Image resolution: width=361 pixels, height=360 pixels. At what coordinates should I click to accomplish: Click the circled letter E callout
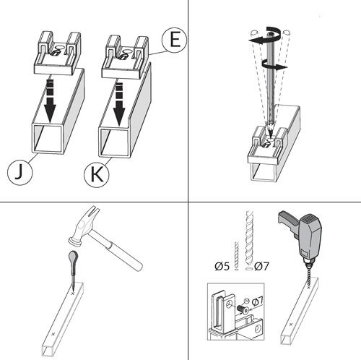tap(174, 40)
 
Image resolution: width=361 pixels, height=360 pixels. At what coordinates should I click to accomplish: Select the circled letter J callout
tap(19, 173)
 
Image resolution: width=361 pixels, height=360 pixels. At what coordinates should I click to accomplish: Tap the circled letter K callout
tap(97, 174)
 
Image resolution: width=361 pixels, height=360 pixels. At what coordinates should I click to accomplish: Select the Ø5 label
tap(222, 267)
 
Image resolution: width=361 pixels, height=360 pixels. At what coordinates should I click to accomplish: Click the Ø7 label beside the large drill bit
tap(261, 266)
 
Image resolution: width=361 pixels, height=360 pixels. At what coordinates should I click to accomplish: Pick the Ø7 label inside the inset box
tap(257, 301)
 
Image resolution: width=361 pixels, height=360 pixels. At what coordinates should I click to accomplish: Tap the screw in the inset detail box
tap(243, 309)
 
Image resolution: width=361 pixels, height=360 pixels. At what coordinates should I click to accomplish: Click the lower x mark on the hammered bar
tap(53, 334)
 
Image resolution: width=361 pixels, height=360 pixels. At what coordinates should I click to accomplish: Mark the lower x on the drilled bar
tap(291, 325)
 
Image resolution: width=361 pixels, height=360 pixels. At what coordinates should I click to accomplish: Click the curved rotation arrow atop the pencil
tap(274, 33)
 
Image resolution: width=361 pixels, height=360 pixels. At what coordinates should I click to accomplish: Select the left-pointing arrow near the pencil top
tap(258, 40)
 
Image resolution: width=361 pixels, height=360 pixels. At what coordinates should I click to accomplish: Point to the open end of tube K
tap(115, 142)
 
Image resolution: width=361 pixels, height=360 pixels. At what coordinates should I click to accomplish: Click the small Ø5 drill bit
tap(236, 256)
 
